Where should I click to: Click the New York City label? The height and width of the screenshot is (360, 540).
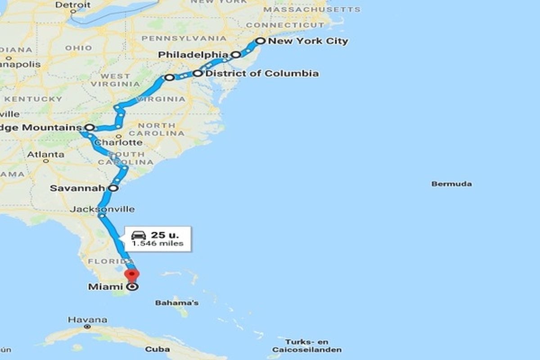point(308,41)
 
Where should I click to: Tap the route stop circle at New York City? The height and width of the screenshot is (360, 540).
point(260,41)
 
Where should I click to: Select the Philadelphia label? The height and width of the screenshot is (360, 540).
point(193,55)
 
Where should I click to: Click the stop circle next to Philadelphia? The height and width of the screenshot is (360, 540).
point(235,55)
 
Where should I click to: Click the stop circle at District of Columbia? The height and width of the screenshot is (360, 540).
point(198,73)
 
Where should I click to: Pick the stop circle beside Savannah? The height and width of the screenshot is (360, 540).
point(114,188)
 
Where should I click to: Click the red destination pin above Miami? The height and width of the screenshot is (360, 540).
point(132,274)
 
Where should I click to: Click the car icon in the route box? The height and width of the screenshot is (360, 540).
point(139,235)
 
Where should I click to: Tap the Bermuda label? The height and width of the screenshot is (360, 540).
point(451,184)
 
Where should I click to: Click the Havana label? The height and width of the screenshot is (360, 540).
point(88,320)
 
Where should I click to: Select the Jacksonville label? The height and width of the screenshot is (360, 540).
point(102,209)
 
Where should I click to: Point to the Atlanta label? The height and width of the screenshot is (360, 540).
point(45,154)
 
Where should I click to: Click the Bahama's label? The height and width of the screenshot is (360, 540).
point(177,303)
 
